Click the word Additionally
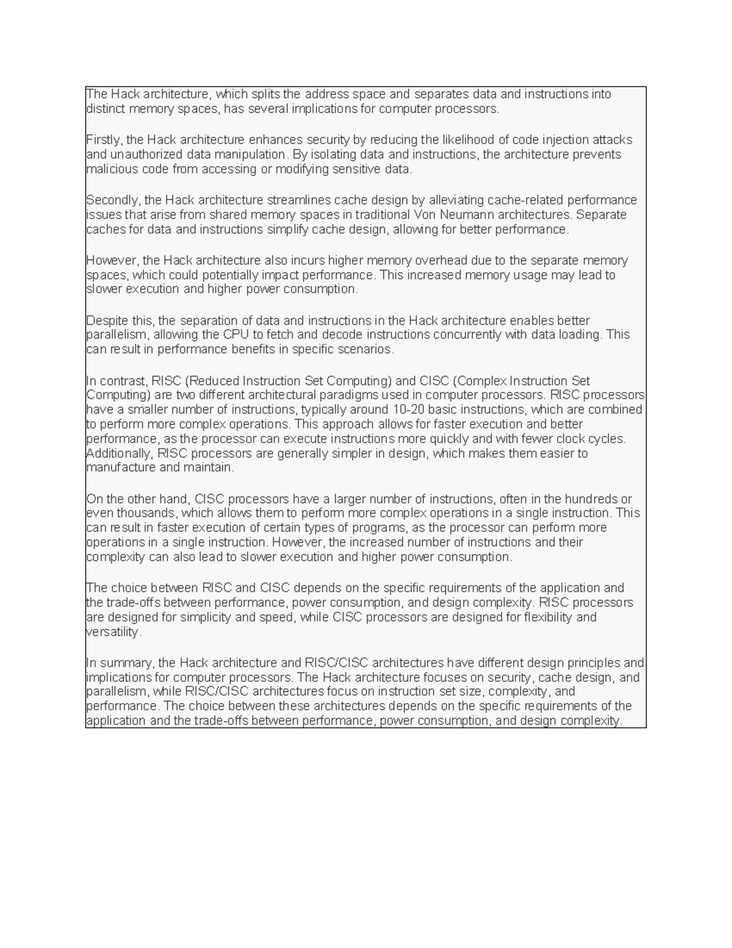click(120, 453)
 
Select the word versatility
click(114, 632)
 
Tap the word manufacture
click(121, 468)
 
